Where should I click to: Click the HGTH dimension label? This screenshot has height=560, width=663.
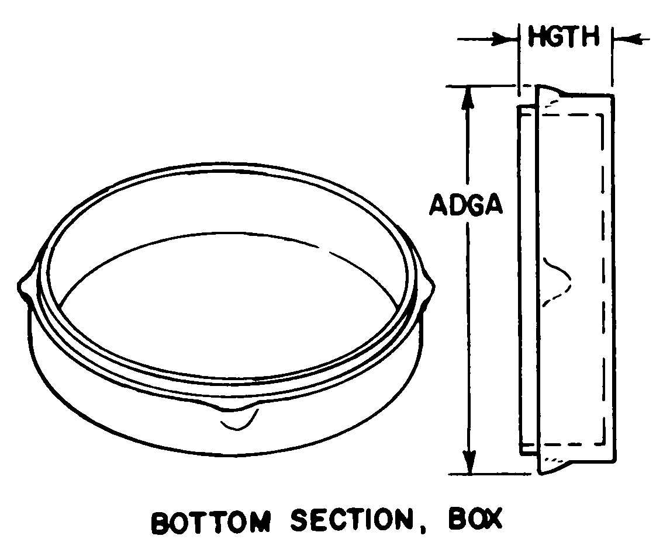564,37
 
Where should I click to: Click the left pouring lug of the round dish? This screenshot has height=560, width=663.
28,286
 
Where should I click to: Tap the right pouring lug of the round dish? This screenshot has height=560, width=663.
426,287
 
